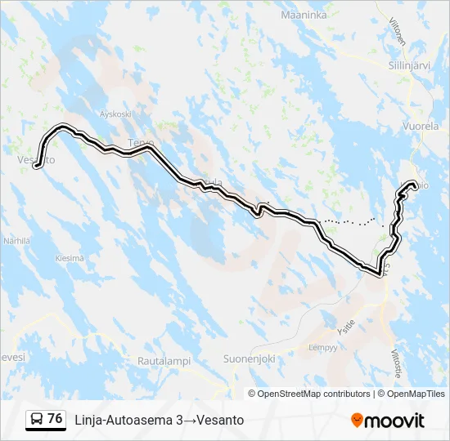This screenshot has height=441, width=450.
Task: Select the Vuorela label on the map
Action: point(421,127)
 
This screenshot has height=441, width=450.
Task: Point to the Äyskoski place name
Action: point(115,114)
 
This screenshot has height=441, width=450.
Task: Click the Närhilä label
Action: point(16,241)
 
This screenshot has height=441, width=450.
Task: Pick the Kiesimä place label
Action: point(70,258)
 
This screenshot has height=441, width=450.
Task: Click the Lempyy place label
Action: point(322,347)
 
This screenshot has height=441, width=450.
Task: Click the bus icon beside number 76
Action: point(37,419)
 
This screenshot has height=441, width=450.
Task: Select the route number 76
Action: point(55,419)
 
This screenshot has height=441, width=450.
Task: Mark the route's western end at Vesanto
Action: point(38,167)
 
